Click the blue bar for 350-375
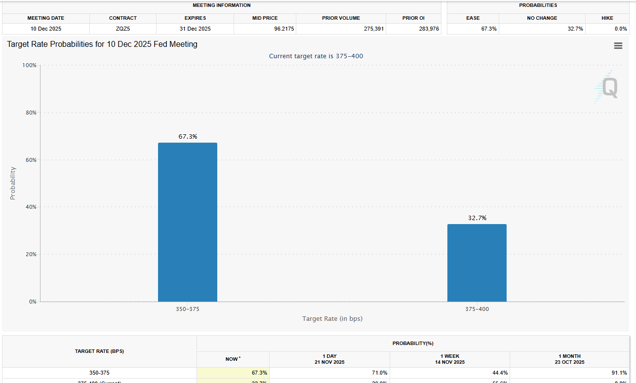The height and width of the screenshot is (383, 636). (x=188, y=222)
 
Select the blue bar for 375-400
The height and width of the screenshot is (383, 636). (x=477, y=263)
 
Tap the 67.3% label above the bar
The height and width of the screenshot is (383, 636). (x=188, y=137)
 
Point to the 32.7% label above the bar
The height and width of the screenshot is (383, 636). (x=477, y=218)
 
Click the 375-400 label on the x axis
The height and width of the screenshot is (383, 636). (x=477, y=309)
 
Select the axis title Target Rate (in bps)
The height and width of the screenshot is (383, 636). (x=332, y=319)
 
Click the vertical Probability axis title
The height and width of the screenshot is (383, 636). (x=13, y=183)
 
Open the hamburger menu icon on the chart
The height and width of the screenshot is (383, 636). (x=618, y=46)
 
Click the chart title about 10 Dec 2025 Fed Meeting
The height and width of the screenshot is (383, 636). (x=102, y=44)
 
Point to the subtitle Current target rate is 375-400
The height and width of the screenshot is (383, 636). (x=316, y=56)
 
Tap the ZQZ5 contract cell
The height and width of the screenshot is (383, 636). (x=123, y=29)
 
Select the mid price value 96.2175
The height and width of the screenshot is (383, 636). (x=284, y=29)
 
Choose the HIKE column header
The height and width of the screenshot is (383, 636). (x=607, y=18)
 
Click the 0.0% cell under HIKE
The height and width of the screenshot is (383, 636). (x=620, y=29)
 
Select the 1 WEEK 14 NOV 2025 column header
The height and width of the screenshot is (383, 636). (x=449, y=359)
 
